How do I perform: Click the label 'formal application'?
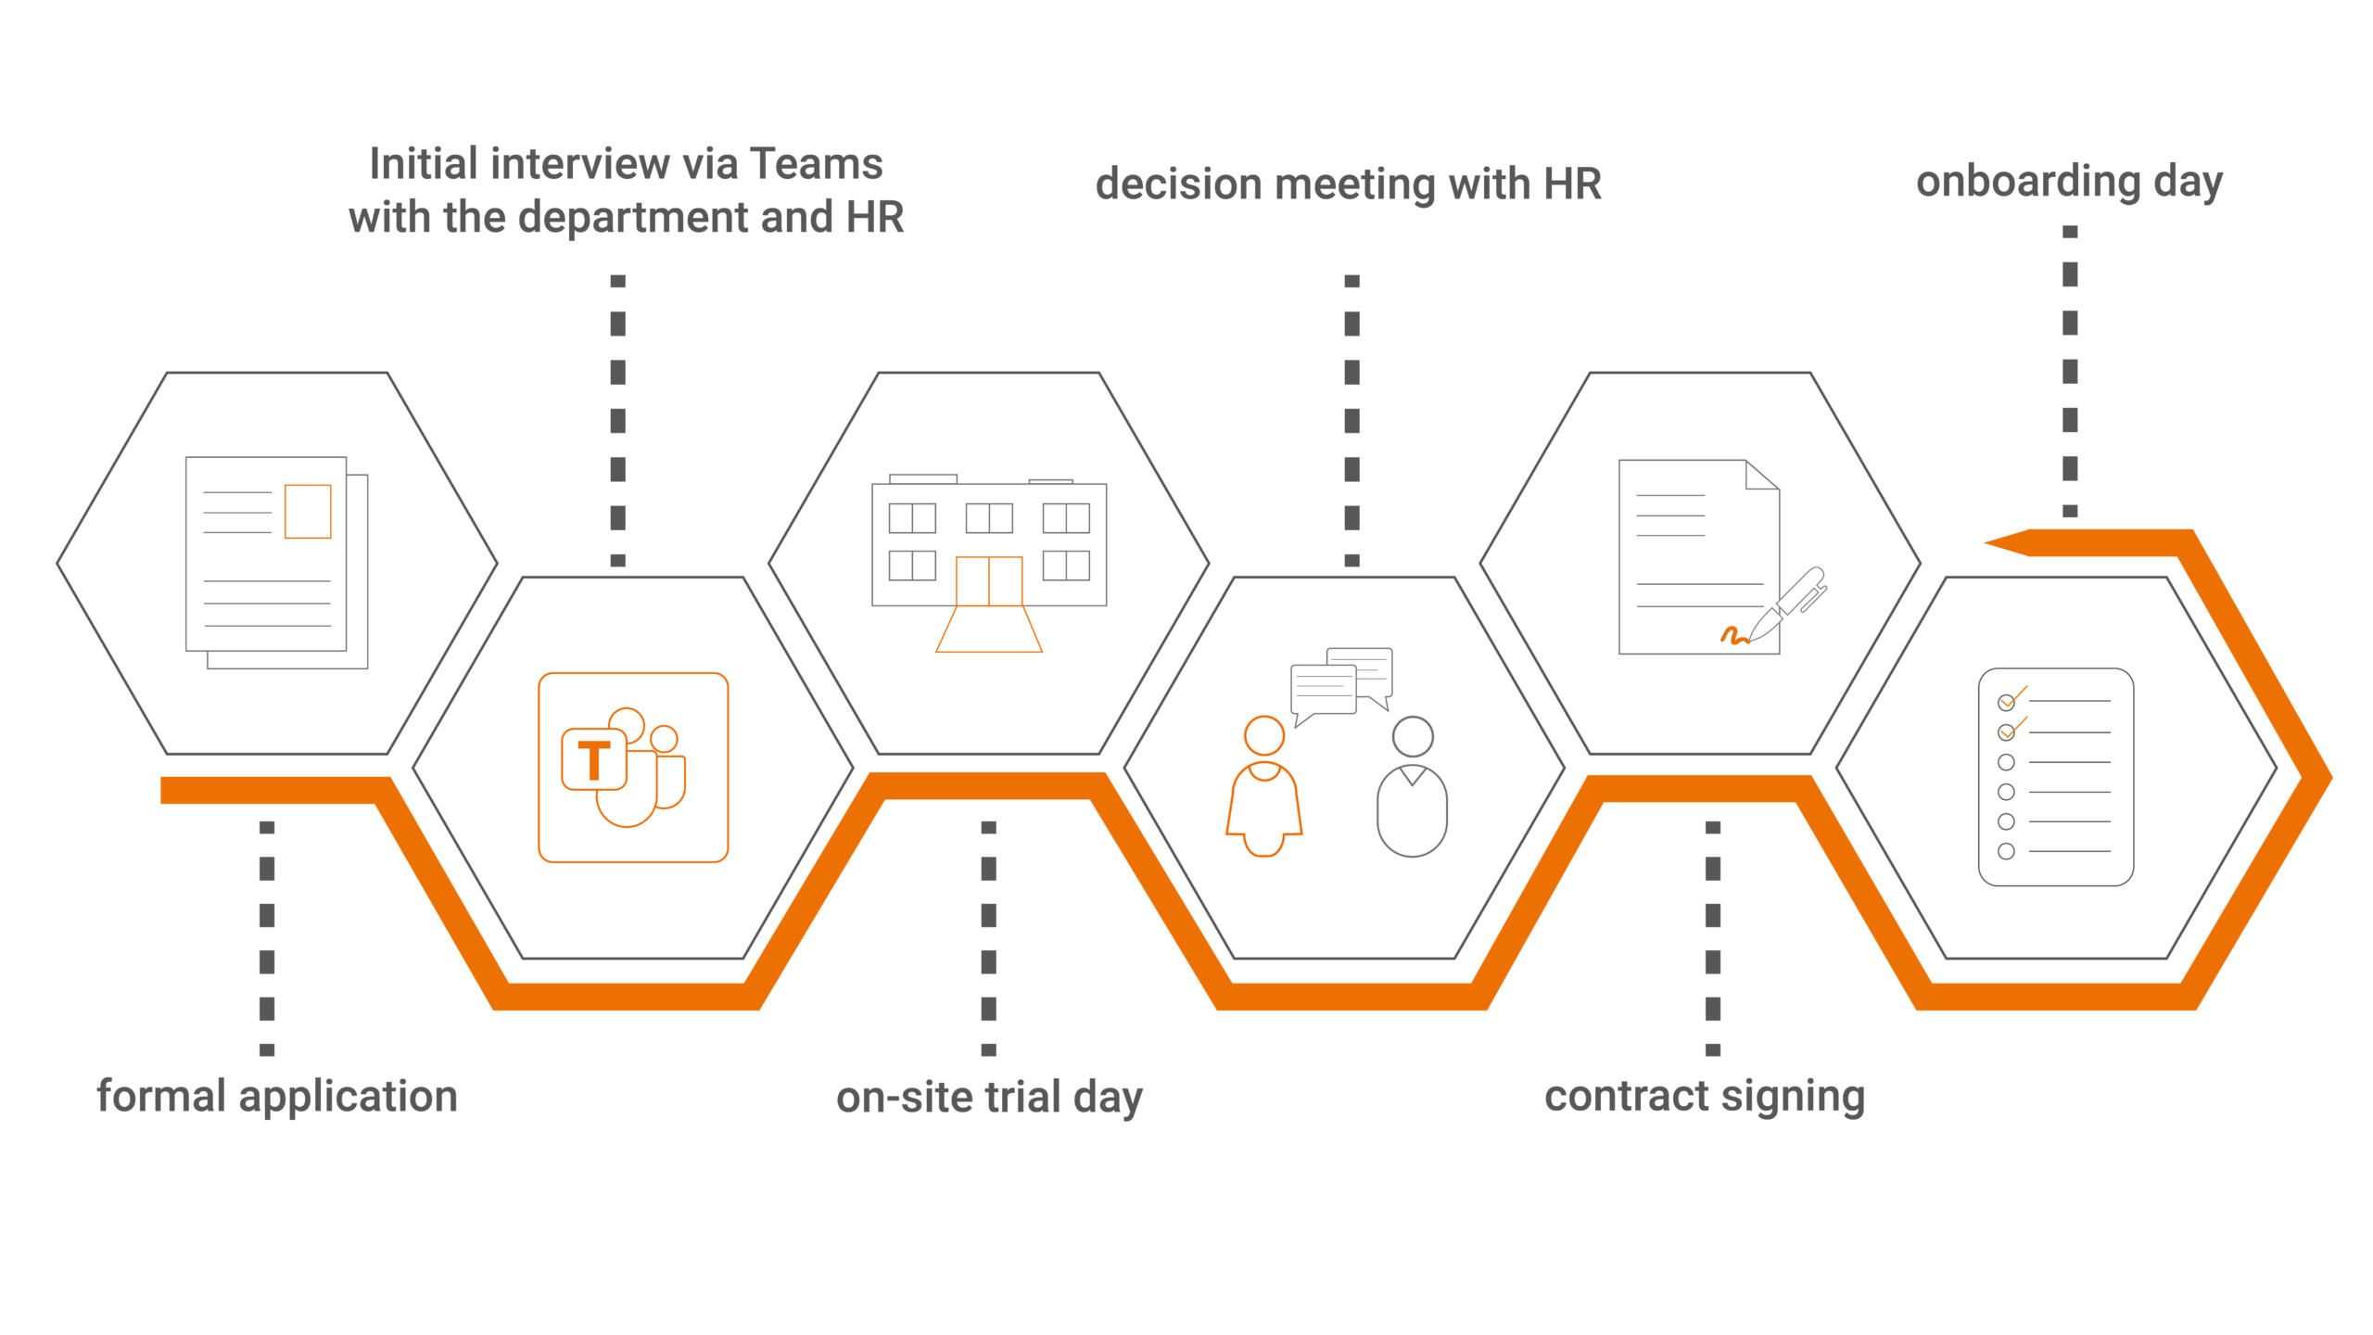point(277,1096)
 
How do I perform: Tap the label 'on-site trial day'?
point(989,1098)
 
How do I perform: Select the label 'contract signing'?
point(1704,1096)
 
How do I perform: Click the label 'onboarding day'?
point(2069,182)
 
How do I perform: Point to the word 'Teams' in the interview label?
point(816,164)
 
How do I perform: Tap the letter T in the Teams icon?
point(594,760)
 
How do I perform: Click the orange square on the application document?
point(308,511)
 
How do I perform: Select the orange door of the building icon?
point(989,581)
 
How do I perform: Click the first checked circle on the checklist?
point(2007,702)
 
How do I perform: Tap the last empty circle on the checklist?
point(2006,851)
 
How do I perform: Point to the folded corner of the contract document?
point(1761,475)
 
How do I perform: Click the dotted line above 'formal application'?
point(267,936)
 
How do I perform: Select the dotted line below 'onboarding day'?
point(2070,371)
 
